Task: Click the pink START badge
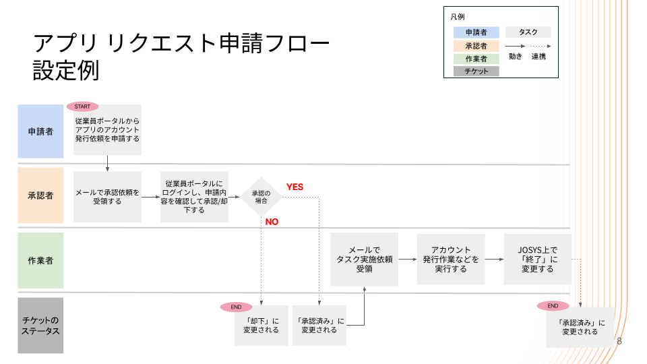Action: click(x=82, y=107)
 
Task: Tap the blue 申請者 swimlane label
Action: click(x=40, y=131)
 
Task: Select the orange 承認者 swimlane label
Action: click(x=40, y=195)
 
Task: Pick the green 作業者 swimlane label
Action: click(x=40, y=261)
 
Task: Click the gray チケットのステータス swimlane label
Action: click(x=40, y=326)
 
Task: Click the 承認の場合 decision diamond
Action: click(x=261, y=197)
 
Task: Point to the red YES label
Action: click(x=295, y=187)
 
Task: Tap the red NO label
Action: click(x=272, y=222)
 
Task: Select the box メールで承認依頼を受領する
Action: click(x=108, y=196)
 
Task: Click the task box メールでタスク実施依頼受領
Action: click(x=364, y=259)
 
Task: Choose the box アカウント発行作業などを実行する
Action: click(x=451, y=259)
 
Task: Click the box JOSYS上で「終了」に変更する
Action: click(x=537, y=259)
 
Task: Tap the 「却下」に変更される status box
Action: click(x=261, y=326)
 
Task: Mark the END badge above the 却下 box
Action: click(x=236, y=307)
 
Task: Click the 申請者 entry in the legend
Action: click(x=476, y=32)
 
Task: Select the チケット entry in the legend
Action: click(x=476, y=71)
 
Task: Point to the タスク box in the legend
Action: click(x=528, y=32)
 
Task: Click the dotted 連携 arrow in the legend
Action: click(x=538, y=46)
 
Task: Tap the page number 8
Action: click(x=619, y=341)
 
